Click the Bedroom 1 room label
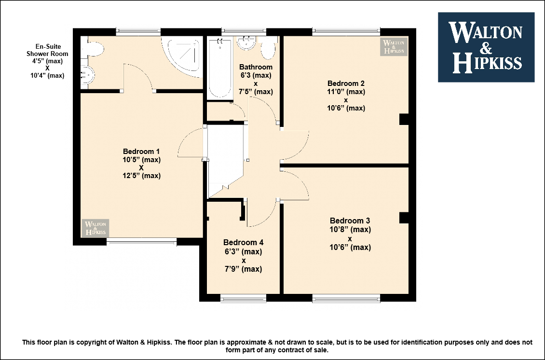point(141,152)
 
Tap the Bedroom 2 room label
point(346,83)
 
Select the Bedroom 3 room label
point(350,221)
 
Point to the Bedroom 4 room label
point(243,242)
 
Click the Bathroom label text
point(256,67)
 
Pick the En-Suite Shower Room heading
point(47,50)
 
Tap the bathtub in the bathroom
point(220,69)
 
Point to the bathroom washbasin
point(247,43)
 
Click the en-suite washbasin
point(87,74)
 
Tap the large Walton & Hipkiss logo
point(486,47)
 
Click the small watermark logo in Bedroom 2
point(394,47)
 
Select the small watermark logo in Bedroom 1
point(95,228)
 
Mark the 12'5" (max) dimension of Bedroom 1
point(141,176)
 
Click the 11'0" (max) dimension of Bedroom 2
point(346,92)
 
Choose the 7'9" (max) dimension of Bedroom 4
point(243,269)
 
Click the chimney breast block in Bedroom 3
point(404,218)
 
